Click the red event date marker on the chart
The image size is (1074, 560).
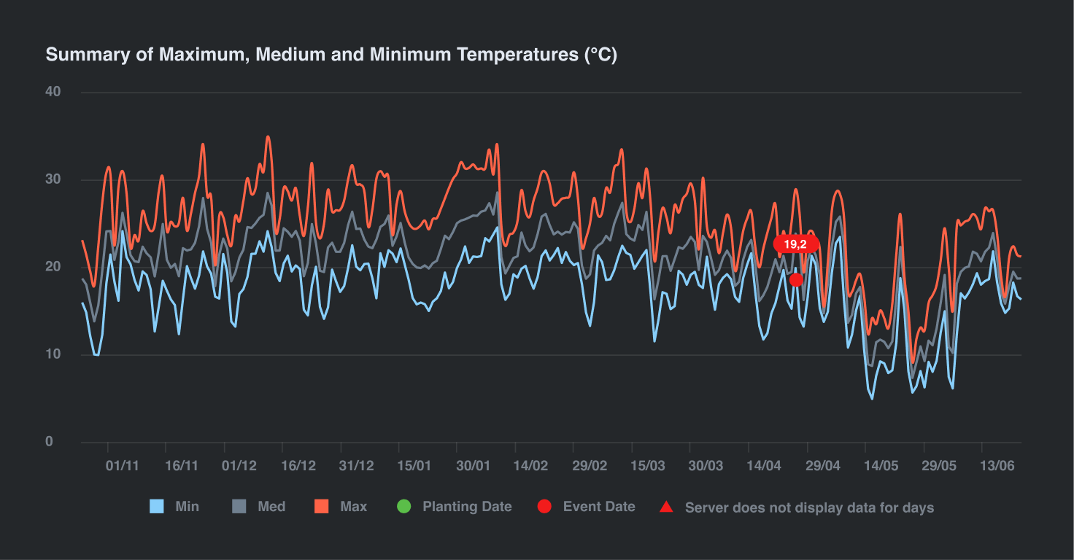pos(796,279)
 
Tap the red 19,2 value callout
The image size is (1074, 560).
pos(795,244)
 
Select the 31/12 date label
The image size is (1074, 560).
pos(357,466)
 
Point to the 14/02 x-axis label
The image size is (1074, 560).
pos(530,466)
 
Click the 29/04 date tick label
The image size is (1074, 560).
pos(822,466)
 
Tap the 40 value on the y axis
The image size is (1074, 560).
pos(53,92)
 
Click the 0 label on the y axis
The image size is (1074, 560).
pos(49,442)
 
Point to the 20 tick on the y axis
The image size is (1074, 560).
pos(53,267)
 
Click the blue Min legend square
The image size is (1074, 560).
pos(157,507)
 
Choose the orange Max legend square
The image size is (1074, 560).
pos(322,507)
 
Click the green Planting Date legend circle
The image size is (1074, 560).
pos(404,507)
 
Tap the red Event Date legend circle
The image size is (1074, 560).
pos(544,507)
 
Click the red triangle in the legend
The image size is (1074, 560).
pos(666,507)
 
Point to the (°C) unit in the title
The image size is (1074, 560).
pos(600,55)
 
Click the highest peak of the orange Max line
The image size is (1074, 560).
pos(268,136)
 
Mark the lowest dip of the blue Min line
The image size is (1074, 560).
pos(872,398)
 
